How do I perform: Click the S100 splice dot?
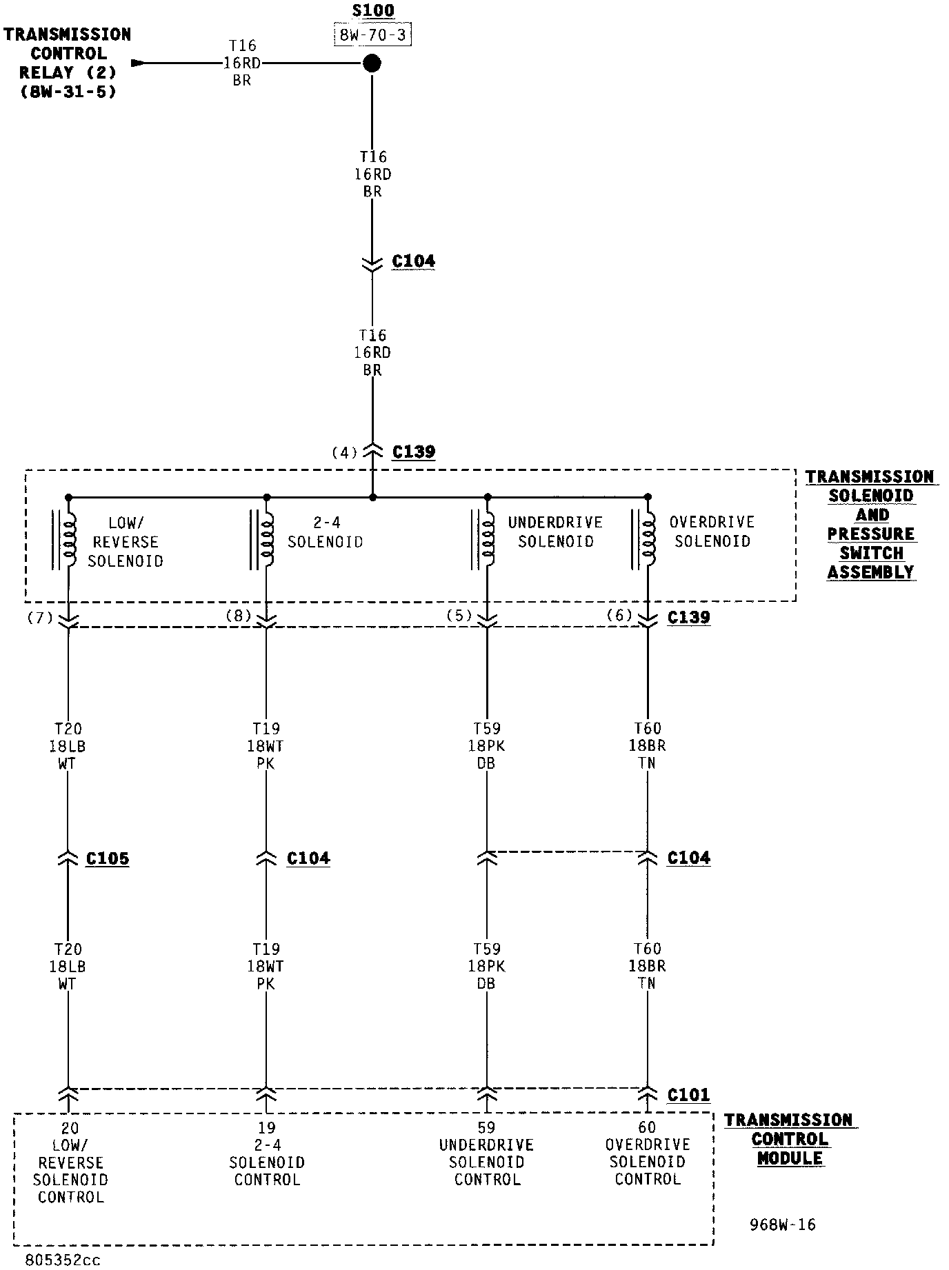[372, 63]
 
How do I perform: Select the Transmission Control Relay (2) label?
[67, 62]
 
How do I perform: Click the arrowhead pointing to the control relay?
[138, 63]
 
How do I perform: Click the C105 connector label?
[108, 858]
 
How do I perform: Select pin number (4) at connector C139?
[344, 452]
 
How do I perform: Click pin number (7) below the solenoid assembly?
[39, 617]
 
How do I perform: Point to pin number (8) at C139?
[238, 616]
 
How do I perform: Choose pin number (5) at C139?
[459, 616]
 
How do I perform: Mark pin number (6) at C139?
[619, 615]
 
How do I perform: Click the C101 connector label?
[688, 1095]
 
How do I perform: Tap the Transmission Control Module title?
[789, 1139]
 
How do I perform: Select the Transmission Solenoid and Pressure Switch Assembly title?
[870, 524]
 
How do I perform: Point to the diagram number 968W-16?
[782, 1225]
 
